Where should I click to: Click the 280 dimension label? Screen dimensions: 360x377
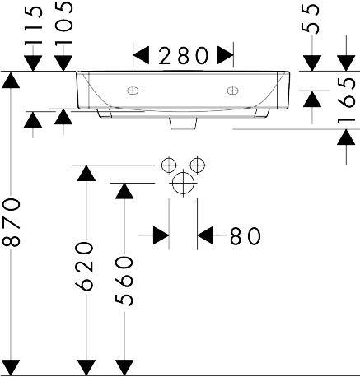183,56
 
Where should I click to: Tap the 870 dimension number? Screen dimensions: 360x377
12,222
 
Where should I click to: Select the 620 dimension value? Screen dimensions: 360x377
85,266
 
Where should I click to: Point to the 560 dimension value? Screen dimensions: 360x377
124,281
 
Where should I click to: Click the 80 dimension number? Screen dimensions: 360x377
245,236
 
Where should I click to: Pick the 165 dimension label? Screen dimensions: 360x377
346,100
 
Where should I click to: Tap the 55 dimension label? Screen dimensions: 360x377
311,19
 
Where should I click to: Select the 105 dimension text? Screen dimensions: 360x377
64,23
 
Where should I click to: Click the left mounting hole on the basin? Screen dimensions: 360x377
133,91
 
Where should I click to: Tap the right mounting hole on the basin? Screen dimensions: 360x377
232,91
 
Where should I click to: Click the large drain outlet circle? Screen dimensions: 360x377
183,183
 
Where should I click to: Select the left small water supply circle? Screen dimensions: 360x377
169,165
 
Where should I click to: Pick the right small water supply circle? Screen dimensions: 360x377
198,165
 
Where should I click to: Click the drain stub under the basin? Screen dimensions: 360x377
184,123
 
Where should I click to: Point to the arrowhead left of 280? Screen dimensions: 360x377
141,55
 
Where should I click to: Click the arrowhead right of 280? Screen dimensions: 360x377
226,55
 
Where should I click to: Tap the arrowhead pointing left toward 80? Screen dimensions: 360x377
205,235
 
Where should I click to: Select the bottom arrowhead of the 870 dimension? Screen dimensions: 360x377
11,368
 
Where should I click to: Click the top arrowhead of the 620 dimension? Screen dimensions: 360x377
86,173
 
